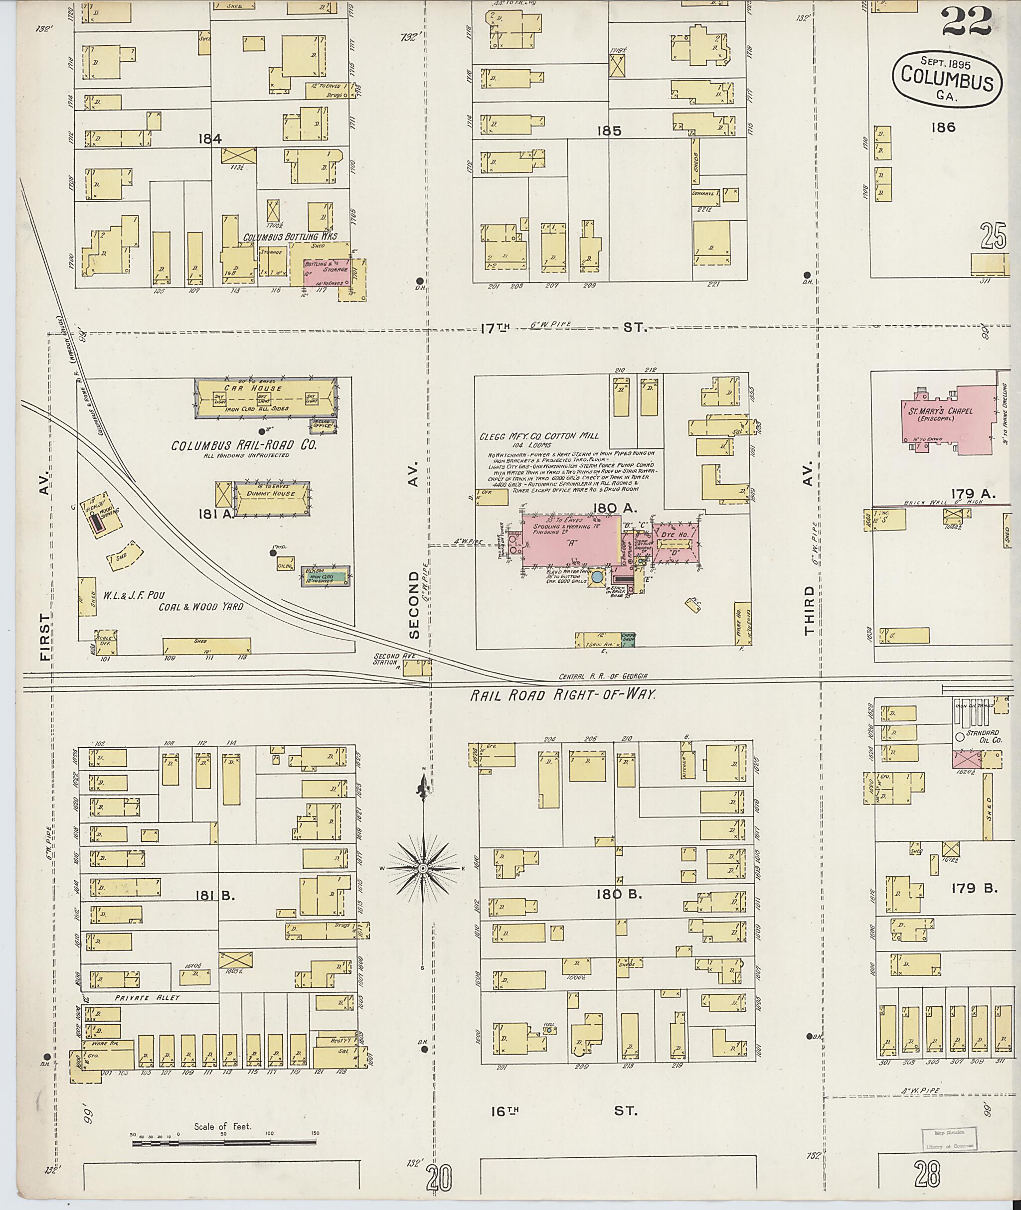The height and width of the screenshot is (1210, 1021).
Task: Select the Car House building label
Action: (266, 389)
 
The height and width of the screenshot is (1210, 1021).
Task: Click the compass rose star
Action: (423, 869)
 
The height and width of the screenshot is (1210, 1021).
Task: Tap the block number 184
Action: (210, 139)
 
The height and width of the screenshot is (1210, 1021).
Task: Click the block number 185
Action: (609, 132)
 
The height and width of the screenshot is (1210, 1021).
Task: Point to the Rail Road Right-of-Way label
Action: (562, 695)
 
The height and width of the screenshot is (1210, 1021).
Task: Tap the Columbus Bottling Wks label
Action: (289, 237)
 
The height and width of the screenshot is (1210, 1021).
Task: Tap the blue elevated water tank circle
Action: (597, 577)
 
